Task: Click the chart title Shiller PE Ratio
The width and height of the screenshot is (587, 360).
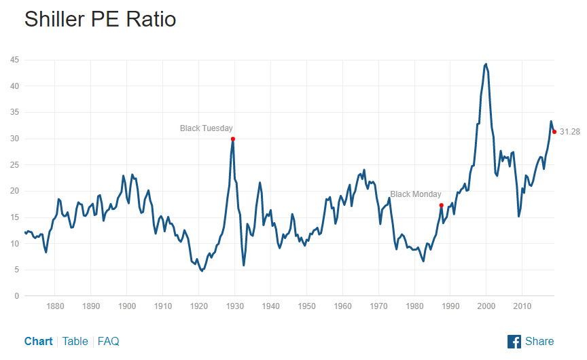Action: [100, 19]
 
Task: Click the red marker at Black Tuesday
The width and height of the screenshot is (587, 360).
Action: [233, 139]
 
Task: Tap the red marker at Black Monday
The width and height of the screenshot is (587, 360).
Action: [442, 205]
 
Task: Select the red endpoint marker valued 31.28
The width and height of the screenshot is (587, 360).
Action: [554, 132]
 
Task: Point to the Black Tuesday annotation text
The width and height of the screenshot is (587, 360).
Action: [207, 128]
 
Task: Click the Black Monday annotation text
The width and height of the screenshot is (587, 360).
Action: [416, 194]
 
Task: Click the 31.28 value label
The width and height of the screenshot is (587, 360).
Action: [570, 132]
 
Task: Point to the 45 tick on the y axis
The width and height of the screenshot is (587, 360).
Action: [14, 60]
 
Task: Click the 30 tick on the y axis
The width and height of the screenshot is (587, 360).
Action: [14, 139]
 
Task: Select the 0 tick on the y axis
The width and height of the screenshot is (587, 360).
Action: [16, 296]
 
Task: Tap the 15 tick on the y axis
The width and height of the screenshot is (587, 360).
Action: [14, 217]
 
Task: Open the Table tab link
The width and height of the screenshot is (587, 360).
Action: [75, 341]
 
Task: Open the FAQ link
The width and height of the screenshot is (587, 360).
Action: [109, 341]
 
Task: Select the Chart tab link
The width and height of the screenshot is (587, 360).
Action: [38, 341]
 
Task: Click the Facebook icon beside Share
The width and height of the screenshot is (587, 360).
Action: [514, 341]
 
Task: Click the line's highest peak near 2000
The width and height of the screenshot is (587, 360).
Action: [486, 64]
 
